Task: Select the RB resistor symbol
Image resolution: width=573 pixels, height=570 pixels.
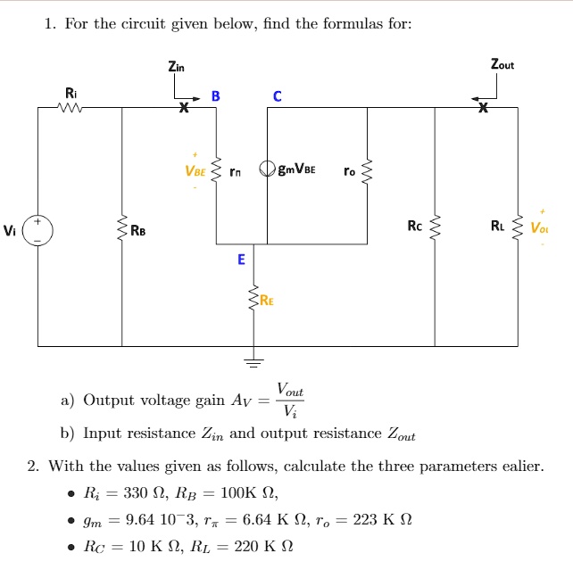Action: [x=122, y=231]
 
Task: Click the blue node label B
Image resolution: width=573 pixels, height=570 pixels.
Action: [x=215, y=95]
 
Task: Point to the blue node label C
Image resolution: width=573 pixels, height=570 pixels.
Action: [x=278, y=95]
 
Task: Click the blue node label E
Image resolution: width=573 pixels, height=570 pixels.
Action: [x=240, y=260]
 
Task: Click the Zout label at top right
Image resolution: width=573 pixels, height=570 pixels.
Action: [x=502, y=64]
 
